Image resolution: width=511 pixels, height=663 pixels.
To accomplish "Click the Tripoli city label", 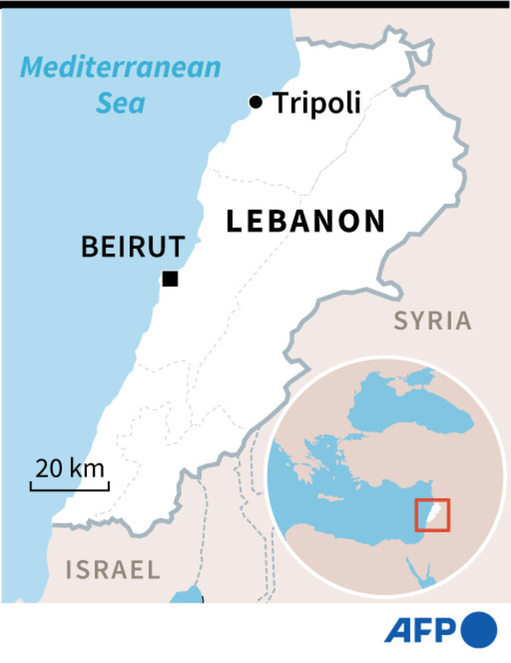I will [x=317, y=103].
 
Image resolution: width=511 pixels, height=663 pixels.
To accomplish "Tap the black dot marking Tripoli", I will [x=256, y=102].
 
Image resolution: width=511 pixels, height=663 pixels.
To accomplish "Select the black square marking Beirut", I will [x=170, y=279].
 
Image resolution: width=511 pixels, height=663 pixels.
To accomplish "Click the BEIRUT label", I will [x=133, y=247].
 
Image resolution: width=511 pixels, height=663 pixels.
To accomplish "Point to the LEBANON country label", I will [x=306, y=221].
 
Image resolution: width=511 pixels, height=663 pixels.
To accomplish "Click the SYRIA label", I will [x=432, y=321].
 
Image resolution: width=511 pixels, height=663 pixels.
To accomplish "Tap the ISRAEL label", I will [x=113, y=570].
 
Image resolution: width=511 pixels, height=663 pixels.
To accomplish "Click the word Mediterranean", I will [x=120, y=68].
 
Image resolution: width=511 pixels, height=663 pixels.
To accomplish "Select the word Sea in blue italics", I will [x=120, y=103].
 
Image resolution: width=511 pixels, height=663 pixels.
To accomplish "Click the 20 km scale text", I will [x=70, y=468].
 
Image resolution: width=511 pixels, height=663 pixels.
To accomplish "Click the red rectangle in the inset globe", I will [x=432, y=515].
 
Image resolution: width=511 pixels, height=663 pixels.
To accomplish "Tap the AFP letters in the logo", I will [x=419, y=631].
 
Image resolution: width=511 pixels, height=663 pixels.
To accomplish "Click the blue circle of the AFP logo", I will [x=479, y=630].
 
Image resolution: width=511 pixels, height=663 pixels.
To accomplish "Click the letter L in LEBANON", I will [x=233, y=221].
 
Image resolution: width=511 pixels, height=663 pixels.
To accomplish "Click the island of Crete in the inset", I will [x=331, y=498].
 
